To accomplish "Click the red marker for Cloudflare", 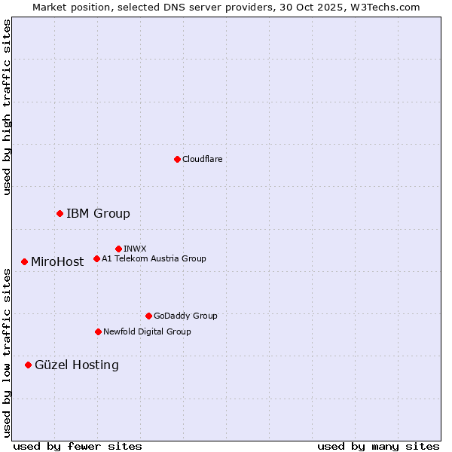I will [x=177, y=159].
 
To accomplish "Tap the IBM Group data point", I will [x=60, y=214].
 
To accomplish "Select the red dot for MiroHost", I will [x=24, y=262].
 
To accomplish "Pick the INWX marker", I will [x=118, y=249].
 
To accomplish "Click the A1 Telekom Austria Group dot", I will [x=96, y=259].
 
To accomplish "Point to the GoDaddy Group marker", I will [x=148, y=316].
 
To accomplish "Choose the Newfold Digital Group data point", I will [x=98, y=331].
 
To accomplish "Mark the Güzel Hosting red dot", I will [x=28, y=365].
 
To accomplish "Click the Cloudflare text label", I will [x=202, y=159].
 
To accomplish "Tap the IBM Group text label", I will [x=98, y=214].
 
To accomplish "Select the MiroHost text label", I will [x=57, y=262].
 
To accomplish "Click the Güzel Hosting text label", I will [x=76, y=365].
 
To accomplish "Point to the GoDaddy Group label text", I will [x=185, y=316].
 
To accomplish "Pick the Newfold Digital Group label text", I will [x=147, y=331].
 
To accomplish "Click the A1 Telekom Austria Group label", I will [x=154, y=259].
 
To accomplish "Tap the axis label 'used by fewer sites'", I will [x=78, y=446].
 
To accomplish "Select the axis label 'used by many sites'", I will [x=378, y=446].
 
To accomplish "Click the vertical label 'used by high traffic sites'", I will [x=7, y=108].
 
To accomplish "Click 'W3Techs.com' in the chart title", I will [x=389, y=7].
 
